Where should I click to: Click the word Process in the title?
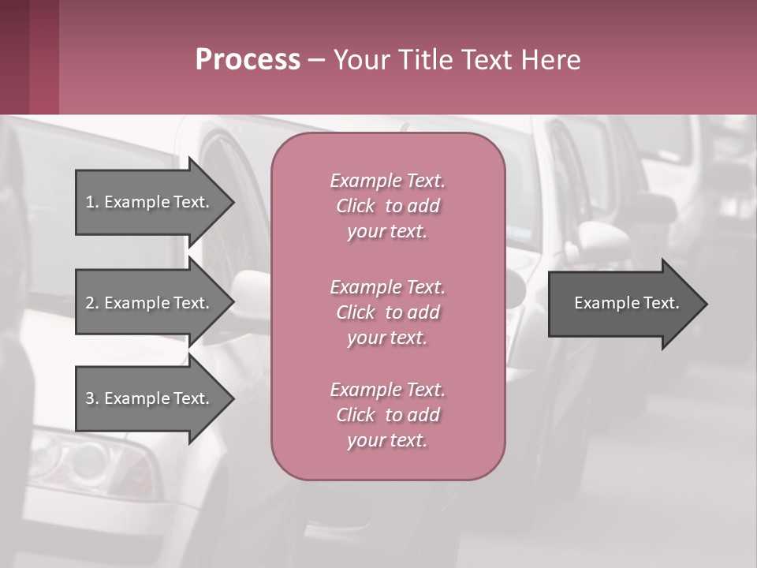coord(248,60)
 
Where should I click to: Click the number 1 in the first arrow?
coord(90,202)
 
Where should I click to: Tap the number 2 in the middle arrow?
coord(90,303)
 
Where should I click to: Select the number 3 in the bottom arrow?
coord(90,398)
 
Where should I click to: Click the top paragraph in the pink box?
coord(387,206)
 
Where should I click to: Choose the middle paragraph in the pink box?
coord(387,312)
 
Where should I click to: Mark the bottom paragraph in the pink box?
coord(387,415)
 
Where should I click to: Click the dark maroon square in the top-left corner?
coord(29,57)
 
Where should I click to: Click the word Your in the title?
coord(359,60)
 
